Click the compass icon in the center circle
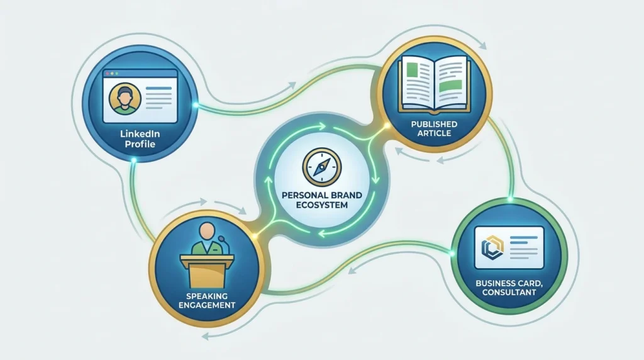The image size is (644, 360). click(x=322, y=167)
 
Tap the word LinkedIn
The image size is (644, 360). click(x=140, y=134)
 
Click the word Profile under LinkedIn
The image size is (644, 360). click(x=140, y=144)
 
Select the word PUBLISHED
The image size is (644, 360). click(x=434, y=124)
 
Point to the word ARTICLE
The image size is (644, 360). click(x=434, y=133)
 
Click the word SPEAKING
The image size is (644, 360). click(x=206, y=296)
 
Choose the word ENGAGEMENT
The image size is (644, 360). click(x=207, y=305)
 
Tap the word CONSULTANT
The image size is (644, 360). click(x=509, y=293)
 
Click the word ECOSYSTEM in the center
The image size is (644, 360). click(x=322, y=205)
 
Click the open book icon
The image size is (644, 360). click(x=435, y=84)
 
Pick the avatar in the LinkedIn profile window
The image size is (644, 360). click(x=125, y=99)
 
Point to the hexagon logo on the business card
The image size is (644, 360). click(x=492, y=248)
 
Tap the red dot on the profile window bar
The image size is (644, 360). click(x=108, y=74)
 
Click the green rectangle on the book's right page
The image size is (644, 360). click(x=450, y=86)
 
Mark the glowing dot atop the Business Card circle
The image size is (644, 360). click(x=511, y=200)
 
